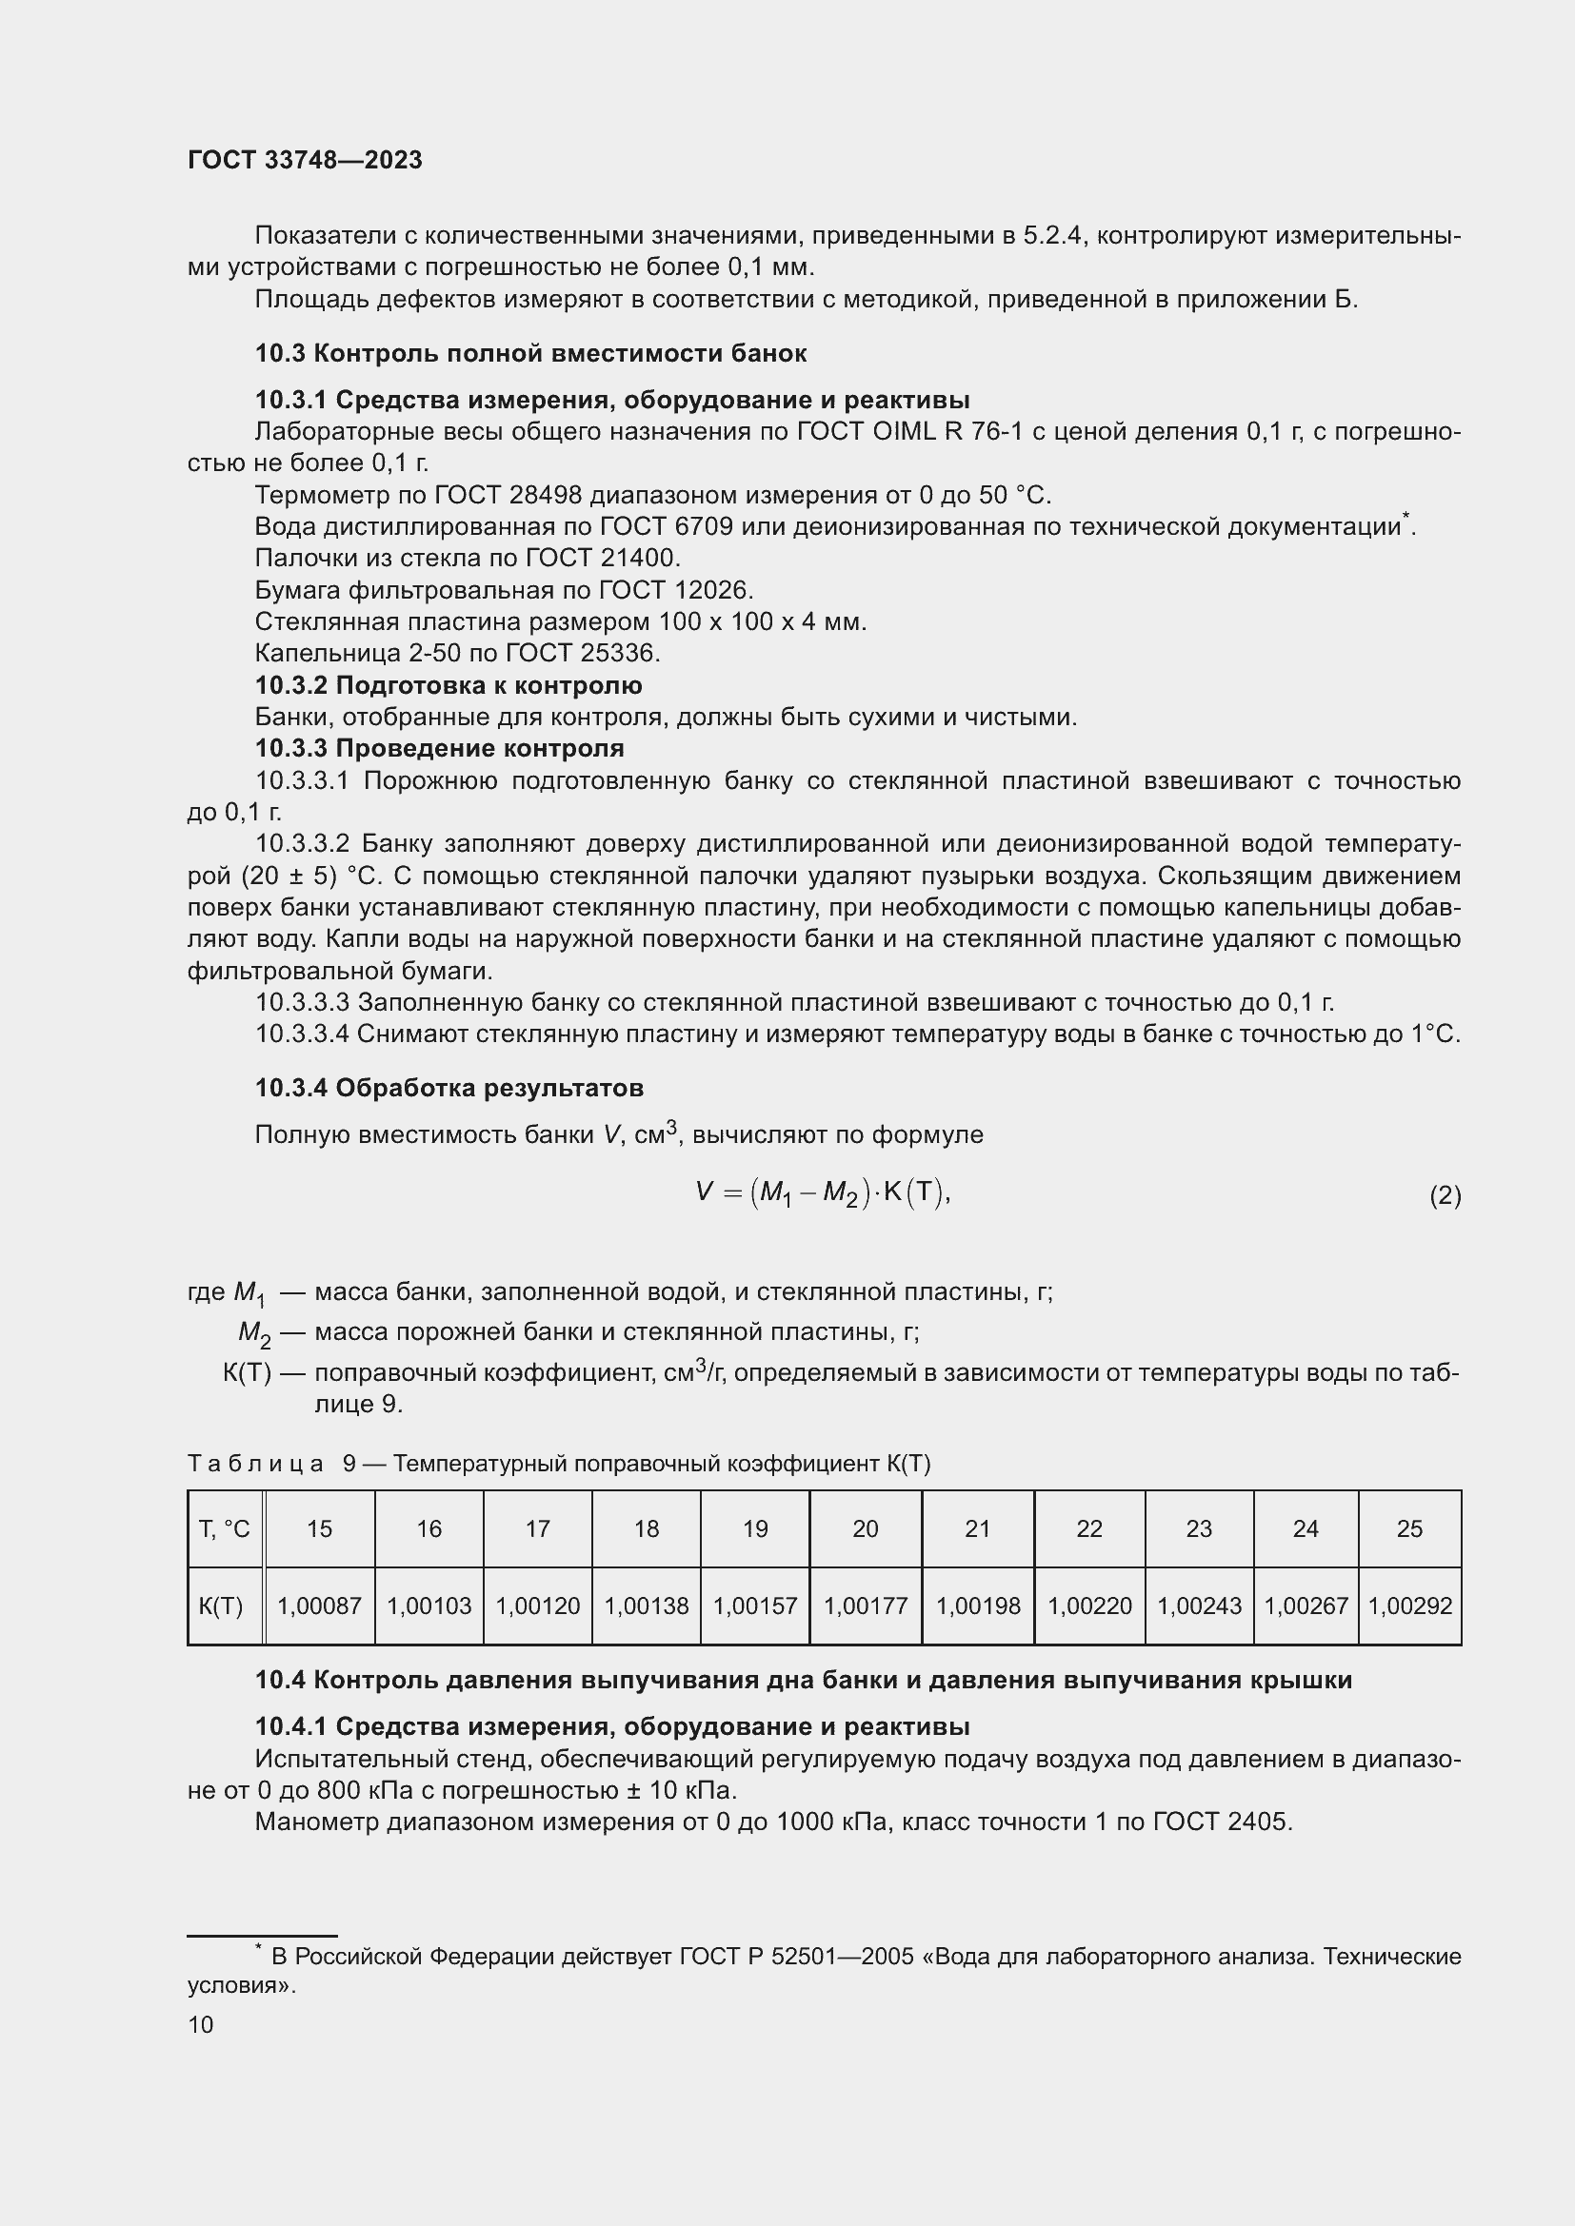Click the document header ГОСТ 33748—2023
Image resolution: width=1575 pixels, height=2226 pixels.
click(x=305, y=160)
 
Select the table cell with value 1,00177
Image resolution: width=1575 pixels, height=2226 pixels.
click(x=865, y=1605)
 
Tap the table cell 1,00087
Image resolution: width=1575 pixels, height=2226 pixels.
click(x=319, y=1605)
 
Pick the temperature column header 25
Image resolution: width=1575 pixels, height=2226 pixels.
click(x=1409, y=1529)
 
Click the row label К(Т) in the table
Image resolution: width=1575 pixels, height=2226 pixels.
click(x=221, y=1605)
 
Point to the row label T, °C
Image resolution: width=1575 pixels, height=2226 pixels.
click(x=224, y=1529)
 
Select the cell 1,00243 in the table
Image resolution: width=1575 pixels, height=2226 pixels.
click(x=1199, y=1605)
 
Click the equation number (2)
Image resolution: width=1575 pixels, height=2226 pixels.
click(x=1445, y=1195)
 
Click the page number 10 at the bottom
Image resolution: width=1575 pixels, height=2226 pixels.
click(x=201, y=2024)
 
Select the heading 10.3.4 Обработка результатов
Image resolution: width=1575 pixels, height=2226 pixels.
click(x=449, y=1088)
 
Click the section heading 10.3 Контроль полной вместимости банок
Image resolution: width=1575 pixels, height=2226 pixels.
click(x=530, y=353)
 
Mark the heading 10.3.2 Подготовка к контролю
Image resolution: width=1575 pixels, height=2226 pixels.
click(x=449, y=685)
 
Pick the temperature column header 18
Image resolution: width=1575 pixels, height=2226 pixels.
click(x=646, y=1529)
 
